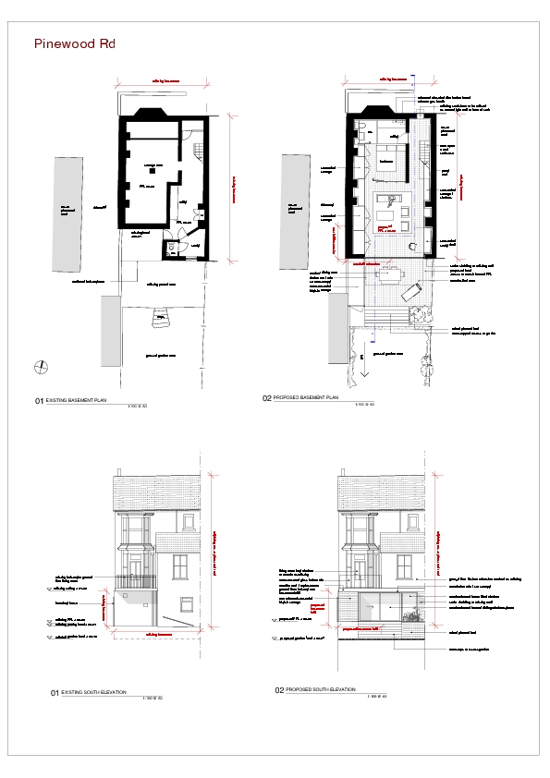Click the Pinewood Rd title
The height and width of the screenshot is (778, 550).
[x=74, y=43]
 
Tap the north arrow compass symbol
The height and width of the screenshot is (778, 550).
[x=41, y=367]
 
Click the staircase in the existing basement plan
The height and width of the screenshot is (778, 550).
[x=197, y=150]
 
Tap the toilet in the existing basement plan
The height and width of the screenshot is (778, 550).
[x=172, y=247]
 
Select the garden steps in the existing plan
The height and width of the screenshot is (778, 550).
[x=161, y=320]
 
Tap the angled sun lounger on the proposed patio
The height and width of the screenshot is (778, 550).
[x=409, y=292]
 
